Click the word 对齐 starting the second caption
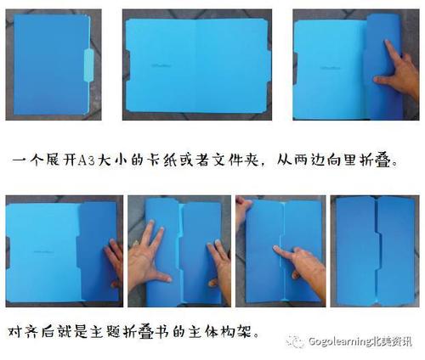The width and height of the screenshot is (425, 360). click(25, 329)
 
